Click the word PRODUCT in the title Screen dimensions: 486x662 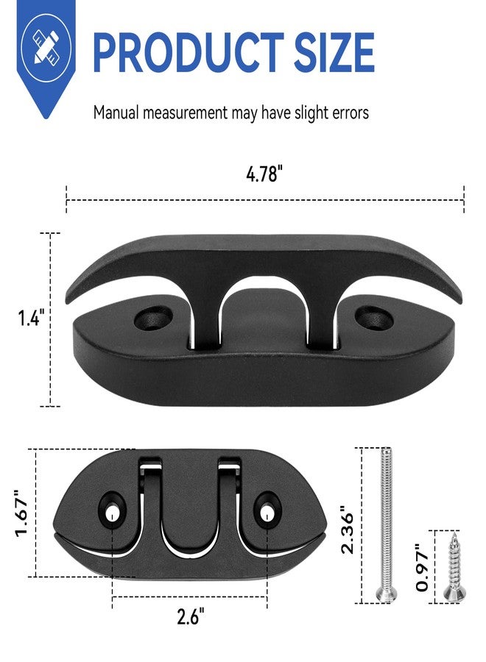point(188,52)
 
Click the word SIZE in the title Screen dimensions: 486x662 point(334,52)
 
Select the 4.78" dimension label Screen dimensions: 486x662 point(264,174)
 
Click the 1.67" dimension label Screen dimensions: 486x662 point(21,513)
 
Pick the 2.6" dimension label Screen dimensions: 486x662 point(191,617)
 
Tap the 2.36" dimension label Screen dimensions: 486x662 point(348,530)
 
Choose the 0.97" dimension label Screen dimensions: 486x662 point(423,568)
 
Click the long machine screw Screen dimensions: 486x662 point(386,524)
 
